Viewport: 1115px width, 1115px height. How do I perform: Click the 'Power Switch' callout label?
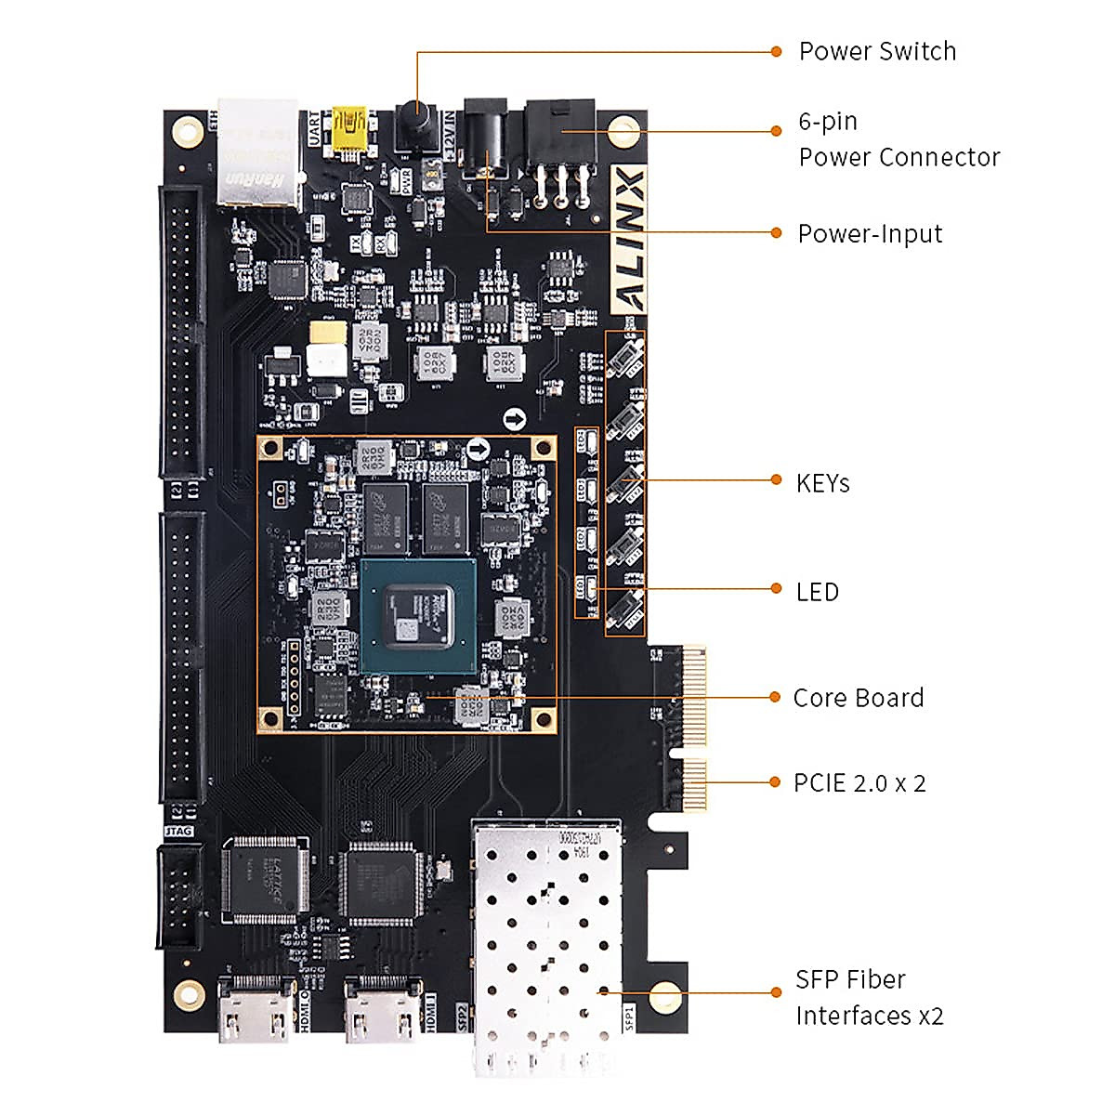point(876,51)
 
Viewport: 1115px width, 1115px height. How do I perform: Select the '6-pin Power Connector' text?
point(898,139)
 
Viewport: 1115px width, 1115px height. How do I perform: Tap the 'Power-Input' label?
point(870,233)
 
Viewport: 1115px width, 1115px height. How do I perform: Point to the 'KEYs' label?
point(822,483)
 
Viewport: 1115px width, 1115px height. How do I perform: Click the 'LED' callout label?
point(817,592)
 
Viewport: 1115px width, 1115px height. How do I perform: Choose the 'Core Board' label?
point(858,698)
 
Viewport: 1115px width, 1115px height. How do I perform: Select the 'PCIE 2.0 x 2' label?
point(859,783)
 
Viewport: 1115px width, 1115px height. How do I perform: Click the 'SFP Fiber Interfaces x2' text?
point(868,997)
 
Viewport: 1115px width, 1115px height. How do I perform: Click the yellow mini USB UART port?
point(350,130)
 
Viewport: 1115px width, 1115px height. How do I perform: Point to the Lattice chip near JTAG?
point(265,879)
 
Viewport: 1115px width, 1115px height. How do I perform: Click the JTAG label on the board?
point(178,830)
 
